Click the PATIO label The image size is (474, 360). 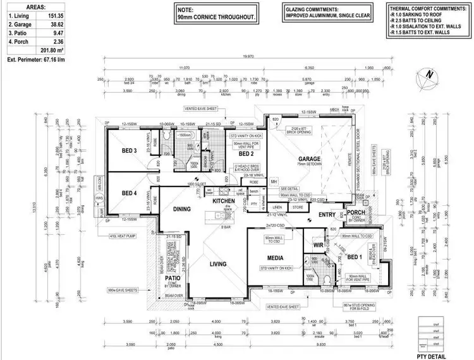point(173,277)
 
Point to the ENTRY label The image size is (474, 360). point(327,216)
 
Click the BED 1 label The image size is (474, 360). point(355,257)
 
